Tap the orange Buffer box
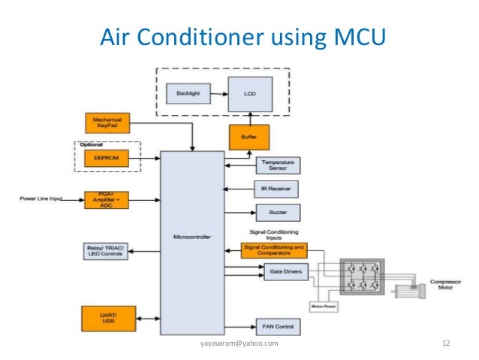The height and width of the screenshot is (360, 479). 249,138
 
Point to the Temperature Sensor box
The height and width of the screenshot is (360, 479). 278,164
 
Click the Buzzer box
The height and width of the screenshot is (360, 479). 278,211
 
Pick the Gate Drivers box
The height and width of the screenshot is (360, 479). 282,273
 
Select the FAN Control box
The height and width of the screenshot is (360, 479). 278,327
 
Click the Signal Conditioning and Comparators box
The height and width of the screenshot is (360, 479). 273,250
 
